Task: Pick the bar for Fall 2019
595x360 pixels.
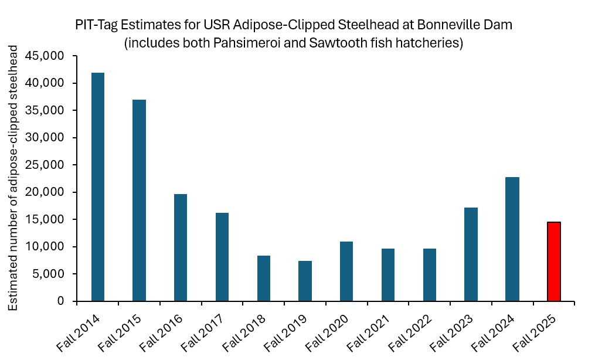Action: click(x=305, y=281)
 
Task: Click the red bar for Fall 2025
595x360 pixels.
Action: click(x=553, y=261)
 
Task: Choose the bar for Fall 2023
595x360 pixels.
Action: click(x=471, y=254)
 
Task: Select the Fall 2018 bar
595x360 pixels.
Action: click(x=263, y=278)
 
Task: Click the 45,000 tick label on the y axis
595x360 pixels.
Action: click(x=53, y=56)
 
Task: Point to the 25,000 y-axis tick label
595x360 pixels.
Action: click(x=53, y=165)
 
